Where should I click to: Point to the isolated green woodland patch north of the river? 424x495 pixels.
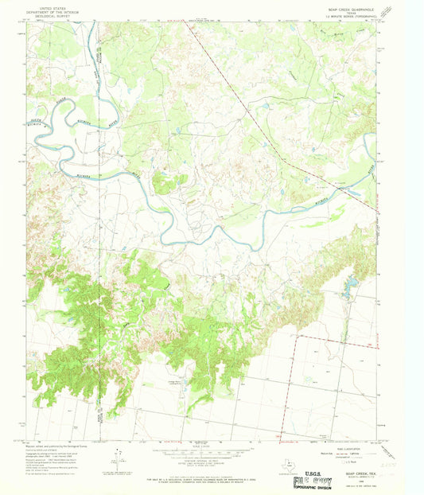pyautogui.click(x=164, y=182)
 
